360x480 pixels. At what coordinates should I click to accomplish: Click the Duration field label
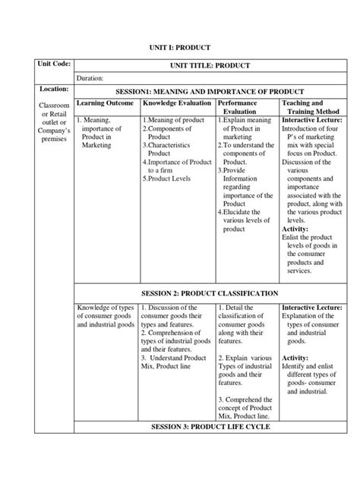(x=90, y=78)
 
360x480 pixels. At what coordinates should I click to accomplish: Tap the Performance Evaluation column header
(x=238, y=107)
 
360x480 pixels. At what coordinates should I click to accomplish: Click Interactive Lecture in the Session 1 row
(x=311, y=120)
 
